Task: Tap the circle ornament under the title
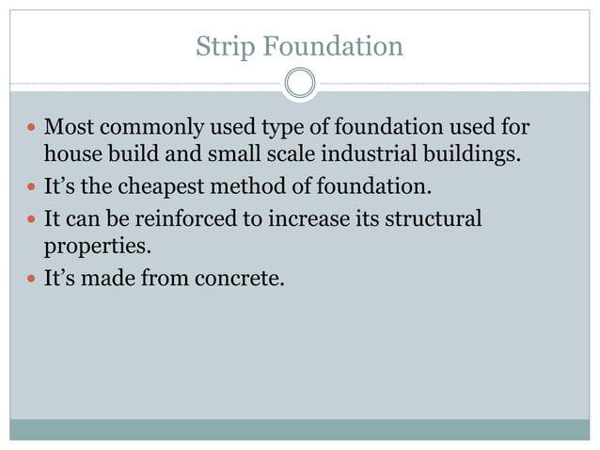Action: [300, 84]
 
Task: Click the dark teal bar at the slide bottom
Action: [300, 429]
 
